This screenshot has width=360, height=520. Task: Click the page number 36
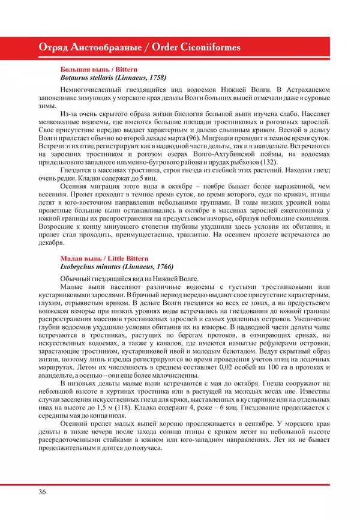point(41,492)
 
